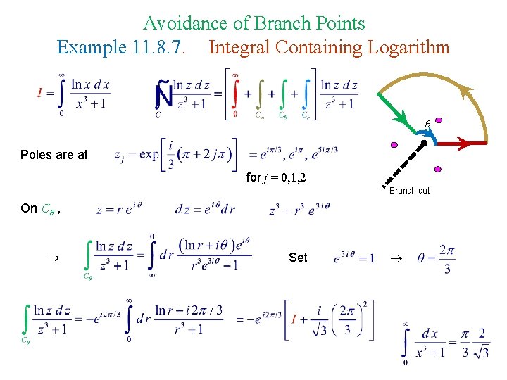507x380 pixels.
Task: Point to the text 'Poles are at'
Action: click(x=54, y=155)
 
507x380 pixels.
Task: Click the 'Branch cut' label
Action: click(x=409, y=191)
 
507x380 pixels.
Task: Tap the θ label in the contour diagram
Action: click(x=427, y=125)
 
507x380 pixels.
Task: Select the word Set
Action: click(x=298, y=258)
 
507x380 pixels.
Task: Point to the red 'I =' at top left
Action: click(x=44, y=92)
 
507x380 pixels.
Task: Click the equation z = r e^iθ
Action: click(x=120, y=208)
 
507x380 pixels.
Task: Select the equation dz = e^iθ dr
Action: click(x=205, y=208)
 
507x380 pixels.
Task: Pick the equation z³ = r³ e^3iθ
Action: click(x=299, y=208)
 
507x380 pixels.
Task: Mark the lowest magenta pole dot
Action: click(x=438, y=169)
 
